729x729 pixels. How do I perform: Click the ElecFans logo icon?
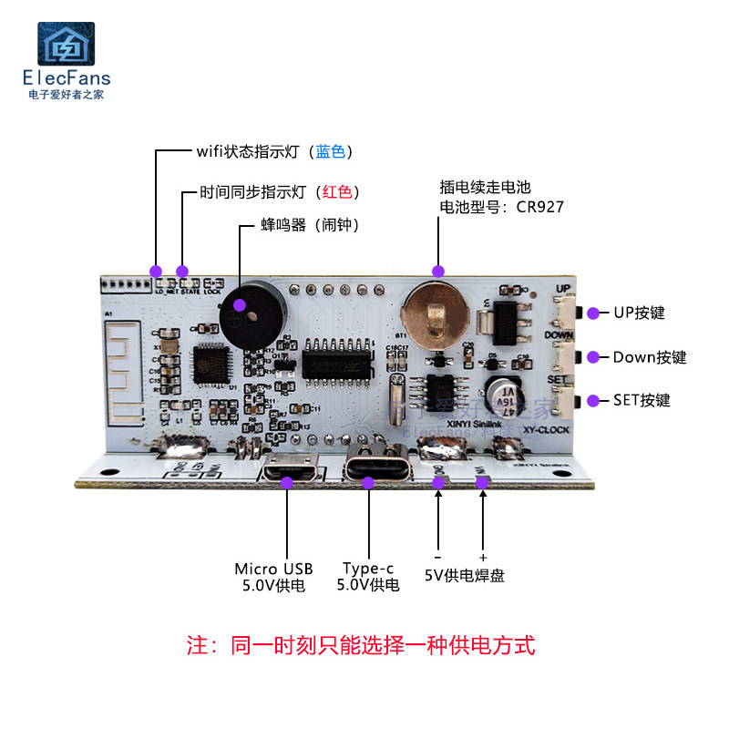coord(65,44)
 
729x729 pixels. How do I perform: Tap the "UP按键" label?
coord(639,313)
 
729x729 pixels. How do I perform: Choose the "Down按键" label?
coord(649,356)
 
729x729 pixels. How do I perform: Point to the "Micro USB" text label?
coord(272,569)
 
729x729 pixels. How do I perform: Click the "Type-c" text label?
coord(368,569)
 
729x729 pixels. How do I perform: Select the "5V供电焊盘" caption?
coord(465,575)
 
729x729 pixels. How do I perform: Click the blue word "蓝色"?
coord(330,151)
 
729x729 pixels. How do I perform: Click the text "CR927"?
coord(540,207)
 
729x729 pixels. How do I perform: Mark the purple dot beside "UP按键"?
coord(592,313)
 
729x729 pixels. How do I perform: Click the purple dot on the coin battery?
coord(438,271)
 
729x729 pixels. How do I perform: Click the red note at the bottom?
coord(361,646)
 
